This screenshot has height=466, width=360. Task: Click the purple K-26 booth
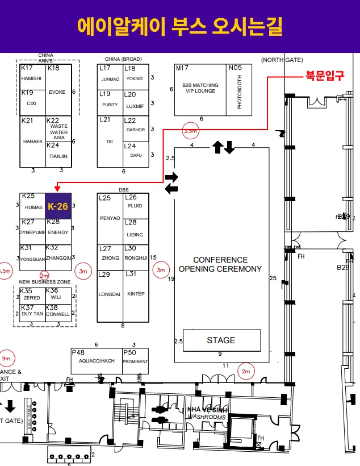tap(58, 206)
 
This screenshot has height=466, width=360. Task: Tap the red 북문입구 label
tap(325, 76)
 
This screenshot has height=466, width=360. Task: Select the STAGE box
tap(221, 340)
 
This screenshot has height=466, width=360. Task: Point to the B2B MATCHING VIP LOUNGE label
tap(200, 88)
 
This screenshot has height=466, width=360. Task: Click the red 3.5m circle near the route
tap(190, 131)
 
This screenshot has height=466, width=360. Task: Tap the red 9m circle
tap(6, 359)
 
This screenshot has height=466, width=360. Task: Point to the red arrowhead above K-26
tap(57, 188)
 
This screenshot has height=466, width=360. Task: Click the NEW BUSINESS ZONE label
tap(45, 282)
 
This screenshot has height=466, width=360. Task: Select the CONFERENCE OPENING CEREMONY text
tap(220, 264)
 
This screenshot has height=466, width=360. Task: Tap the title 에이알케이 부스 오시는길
tap(179, 26)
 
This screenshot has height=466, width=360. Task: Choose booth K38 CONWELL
tap(58, 311)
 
